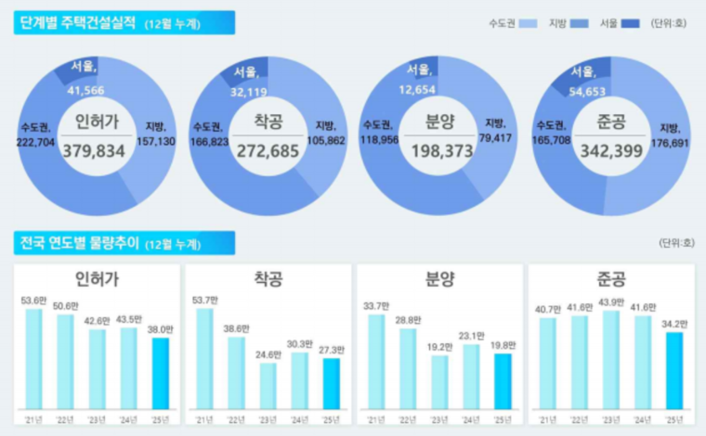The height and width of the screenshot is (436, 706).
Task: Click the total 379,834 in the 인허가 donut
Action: coord(94,150)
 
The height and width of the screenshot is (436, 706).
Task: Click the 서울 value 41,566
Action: coord(85,91)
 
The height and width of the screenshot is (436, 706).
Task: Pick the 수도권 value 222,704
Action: coord(36,144)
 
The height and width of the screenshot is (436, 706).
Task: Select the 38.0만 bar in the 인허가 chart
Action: coord(161,373)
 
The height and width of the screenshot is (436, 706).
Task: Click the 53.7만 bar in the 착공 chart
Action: coord(204,359)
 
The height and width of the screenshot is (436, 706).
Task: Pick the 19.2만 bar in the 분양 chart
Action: coord(439,382)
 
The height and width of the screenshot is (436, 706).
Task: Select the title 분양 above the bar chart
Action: coord(439,279)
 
